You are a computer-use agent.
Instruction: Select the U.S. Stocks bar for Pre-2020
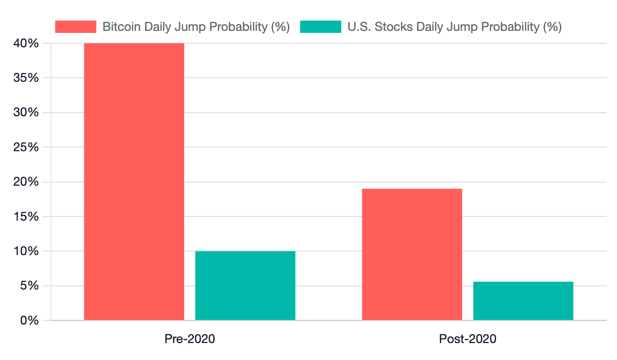click(x=245, y=285)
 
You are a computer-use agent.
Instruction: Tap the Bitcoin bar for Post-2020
click(x=412, y=255)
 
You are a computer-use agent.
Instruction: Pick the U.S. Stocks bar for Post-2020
click(x=523, y=301)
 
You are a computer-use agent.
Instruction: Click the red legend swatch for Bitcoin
click(x=76, y=27)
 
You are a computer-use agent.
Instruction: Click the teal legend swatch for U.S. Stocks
click(x=320, y=27)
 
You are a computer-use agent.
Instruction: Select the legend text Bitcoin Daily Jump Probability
click(x=196, y=27)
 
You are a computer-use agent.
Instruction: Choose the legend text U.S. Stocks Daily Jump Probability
click(x=455, y=27)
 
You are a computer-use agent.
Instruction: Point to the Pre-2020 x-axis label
click(x=190, y=339)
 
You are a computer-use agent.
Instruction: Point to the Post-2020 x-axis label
click(x=467, y=339)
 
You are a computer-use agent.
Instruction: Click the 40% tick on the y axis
click(x=26, y=43)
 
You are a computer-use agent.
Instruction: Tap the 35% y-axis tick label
click(x=26, y=78)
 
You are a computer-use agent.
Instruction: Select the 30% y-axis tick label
click(x=26, y=113)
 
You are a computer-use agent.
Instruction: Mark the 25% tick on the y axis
click(x=26, y=148)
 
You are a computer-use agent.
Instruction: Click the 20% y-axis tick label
click(x=26, y=182)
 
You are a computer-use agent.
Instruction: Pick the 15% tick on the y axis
click(x=26, y=217)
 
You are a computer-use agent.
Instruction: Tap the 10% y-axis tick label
click(x=26, y=251)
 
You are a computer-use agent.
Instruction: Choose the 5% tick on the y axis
click(x=29, y=286)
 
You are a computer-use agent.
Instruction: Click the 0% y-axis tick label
click(x=29, y=320)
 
